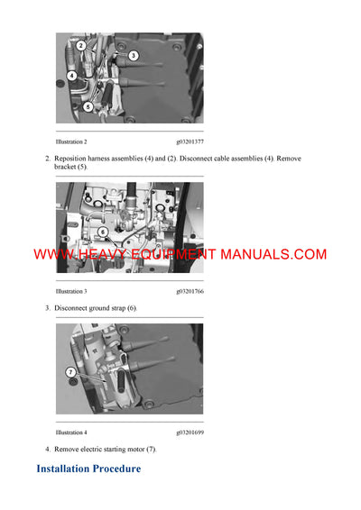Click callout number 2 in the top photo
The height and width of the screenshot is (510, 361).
(x=80, y=45)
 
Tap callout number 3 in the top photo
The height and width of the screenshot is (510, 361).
(x=133, y=56)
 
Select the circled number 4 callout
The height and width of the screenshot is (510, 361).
(x=71, y=76)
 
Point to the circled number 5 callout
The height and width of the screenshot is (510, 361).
(x=88, y=106)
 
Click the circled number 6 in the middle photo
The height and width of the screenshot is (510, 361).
(x=102, y=232)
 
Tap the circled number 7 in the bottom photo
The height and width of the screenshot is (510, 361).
(x=70, y=371)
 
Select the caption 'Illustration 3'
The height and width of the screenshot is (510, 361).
(x=71, y=292)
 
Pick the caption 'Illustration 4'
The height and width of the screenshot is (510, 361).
(x=71, y=433)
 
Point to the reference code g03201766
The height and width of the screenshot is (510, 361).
(x=190, y=292)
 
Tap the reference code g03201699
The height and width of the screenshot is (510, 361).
(x=190, y=433)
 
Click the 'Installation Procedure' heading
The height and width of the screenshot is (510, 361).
(x=88, y=469)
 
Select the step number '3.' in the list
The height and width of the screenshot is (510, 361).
(x=48, y=308)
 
